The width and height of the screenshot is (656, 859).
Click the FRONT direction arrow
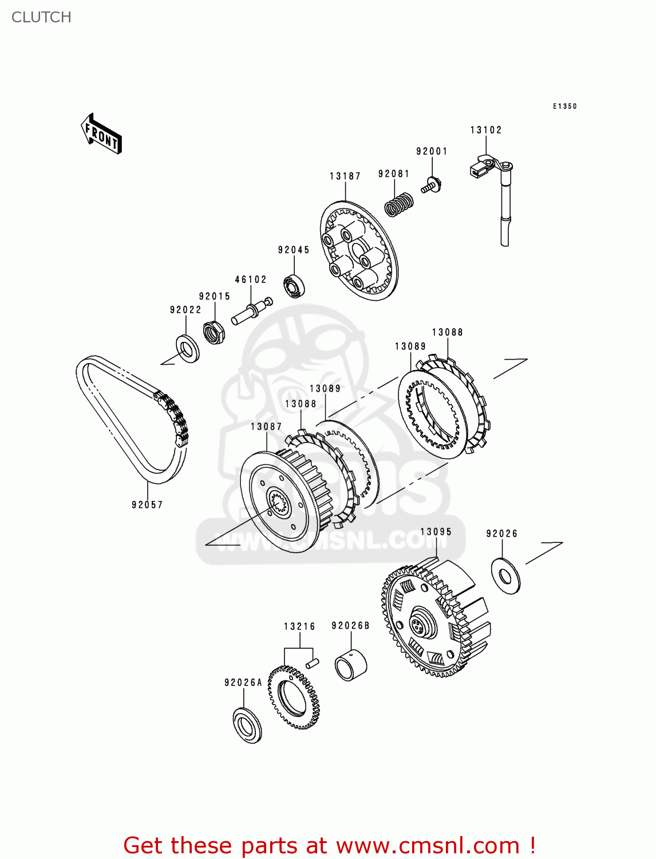point(102,134)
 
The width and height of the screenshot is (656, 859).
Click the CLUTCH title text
point(41,17)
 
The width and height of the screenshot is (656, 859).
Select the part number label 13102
point(485,130)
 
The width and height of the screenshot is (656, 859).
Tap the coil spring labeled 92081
point(398,204)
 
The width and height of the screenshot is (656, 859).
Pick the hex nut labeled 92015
point(214,332)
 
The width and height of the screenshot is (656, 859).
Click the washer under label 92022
point(187,348)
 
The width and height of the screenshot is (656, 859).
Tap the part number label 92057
point(147,505)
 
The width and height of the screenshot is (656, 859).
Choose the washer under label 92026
point(505,575)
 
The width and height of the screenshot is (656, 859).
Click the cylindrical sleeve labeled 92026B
point(350,665)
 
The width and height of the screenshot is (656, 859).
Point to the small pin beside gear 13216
point(313,663)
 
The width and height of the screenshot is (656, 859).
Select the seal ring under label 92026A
point(247,726)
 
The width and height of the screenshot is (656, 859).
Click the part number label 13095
point(436,531)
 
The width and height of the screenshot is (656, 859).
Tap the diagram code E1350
point(564,106)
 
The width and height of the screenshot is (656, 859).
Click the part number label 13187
point(345,176)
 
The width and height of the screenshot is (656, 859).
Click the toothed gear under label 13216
point(293,696)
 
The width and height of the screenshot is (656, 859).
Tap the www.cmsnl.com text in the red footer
point(427,845)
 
